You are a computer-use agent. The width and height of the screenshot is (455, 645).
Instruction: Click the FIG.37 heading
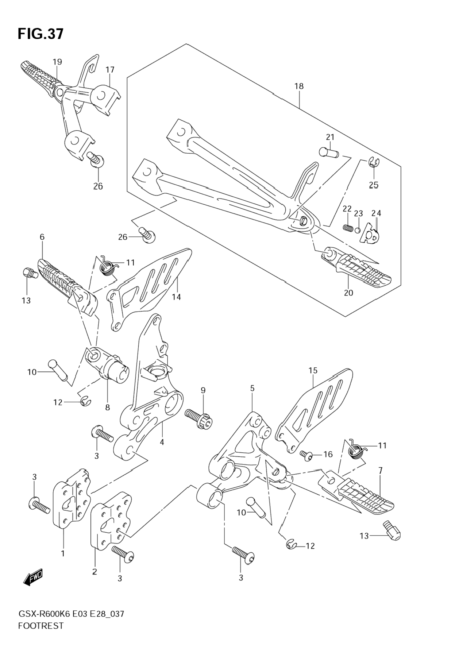tap(41, 34)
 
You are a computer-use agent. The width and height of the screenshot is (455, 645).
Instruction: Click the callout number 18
tap(299, 86)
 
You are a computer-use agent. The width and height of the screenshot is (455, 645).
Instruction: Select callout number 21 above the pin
tap(330, 137)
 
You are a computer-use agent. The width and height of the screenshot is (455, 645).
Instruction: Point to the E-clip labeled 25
tap(373, 163)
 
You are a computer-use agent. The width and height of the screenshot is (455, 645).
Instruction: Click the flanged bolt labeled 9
tap(199, 418)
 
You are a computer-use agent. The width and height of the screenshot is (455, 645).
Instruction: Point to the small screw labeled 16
tap(305, 454)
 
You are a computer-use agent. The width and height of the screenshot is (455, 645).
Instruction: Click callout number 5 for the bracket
tap(252, 389)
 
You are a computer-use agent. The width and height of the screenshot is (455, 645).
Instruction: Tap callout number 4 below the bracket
tap(162, 442)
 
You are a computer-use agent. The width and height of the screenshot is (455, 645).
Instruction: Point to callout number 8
tap(107, 407)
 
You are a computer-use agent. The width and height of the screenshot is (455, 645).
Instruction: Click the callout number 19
tap(57, 62)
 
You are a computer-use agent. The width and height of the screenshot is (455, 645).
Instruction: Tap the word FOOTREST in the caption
tap(41, 626)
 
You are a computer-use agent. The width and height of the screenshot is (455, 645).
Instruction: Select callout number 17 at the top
tap(110, 70)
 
